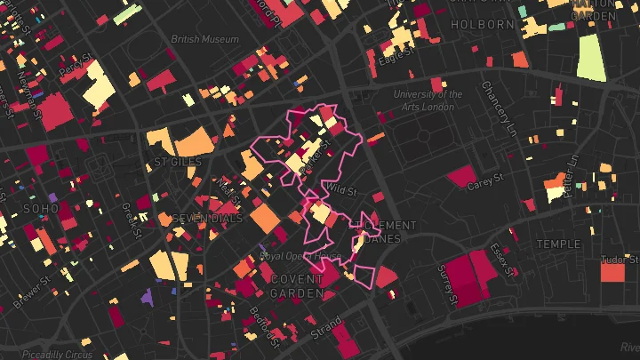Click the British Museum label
point(205,39)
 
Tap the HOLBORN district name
point(484,24)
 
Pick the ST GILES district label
point(178,163)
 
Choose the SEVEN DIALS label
point(206,219)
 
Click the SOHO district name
point(41,209)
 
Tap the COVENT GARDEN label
point(297,285)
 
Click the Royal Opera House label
point(300,256)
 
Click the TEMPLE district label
point(557,244)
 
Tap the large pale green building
point(589,58)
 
